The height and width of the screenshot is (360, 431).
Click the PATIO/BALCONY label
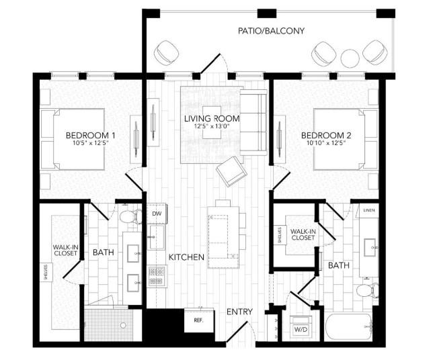pyautogui.click(x=272, y=31)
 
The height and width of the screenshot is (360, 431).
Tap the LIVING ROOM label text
pyautogui.click(x=212, y=119)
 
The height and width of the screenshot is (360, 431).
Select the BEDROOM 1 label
pyautogui.click(x=90, y=136)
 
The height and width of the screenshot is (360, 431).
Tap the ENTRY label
pyautogui.click(x=239, y=312)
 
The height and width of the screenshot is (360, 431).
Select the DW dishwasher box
pyautogui.click(x=157, y=214)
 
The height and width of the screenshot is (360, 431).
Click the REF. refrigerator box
pyautogui.click(x=199, y=321)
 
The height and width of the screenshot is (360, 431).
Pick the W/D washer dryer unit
pyautogui.click(x=299, y=330)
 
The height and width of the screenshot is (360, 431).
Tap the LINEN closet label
pyautogui.click(x=368, y=211)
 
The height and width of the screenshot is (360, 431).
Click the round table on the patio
pyautogui.click(x=350, y=58)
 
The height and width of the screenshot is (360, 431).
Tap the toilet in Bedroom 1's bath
pyautogui.click(x=128, y=216)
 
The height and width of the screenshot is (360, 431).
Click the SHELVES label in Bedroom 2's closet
pyautogui.click(x=279, y=235)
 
